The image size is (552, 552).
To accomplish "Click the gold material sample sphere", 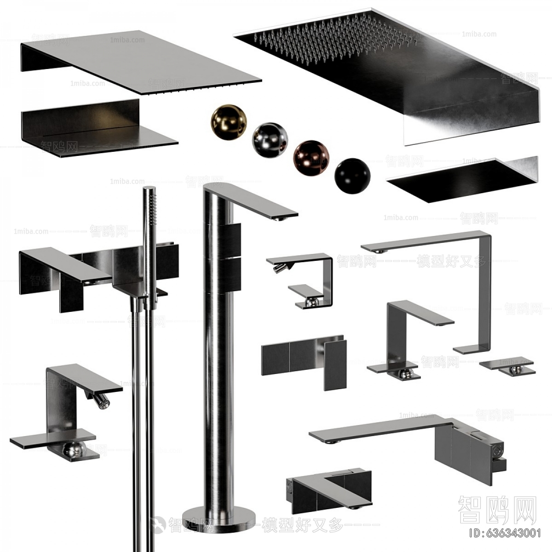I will (x=229, y=121).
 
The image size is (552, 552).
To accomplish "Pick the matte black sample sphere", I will (x=352, y=174).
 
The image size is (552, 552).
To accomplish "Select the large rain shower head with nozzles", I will (x=386, y=69).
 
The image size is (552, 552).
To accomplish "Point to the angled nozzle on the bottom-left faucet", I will (x=100, y=400).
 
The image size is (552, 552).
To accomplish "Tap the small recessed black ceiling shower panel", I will (x=460, y=179).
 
